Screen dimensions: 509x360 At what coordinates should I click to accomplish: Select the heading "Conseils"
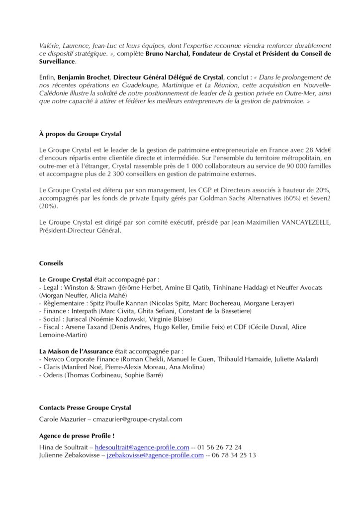tap(52, 263)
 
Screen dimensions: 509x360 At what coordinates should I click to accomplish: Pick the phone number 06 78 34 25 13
tap(236, 455)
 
